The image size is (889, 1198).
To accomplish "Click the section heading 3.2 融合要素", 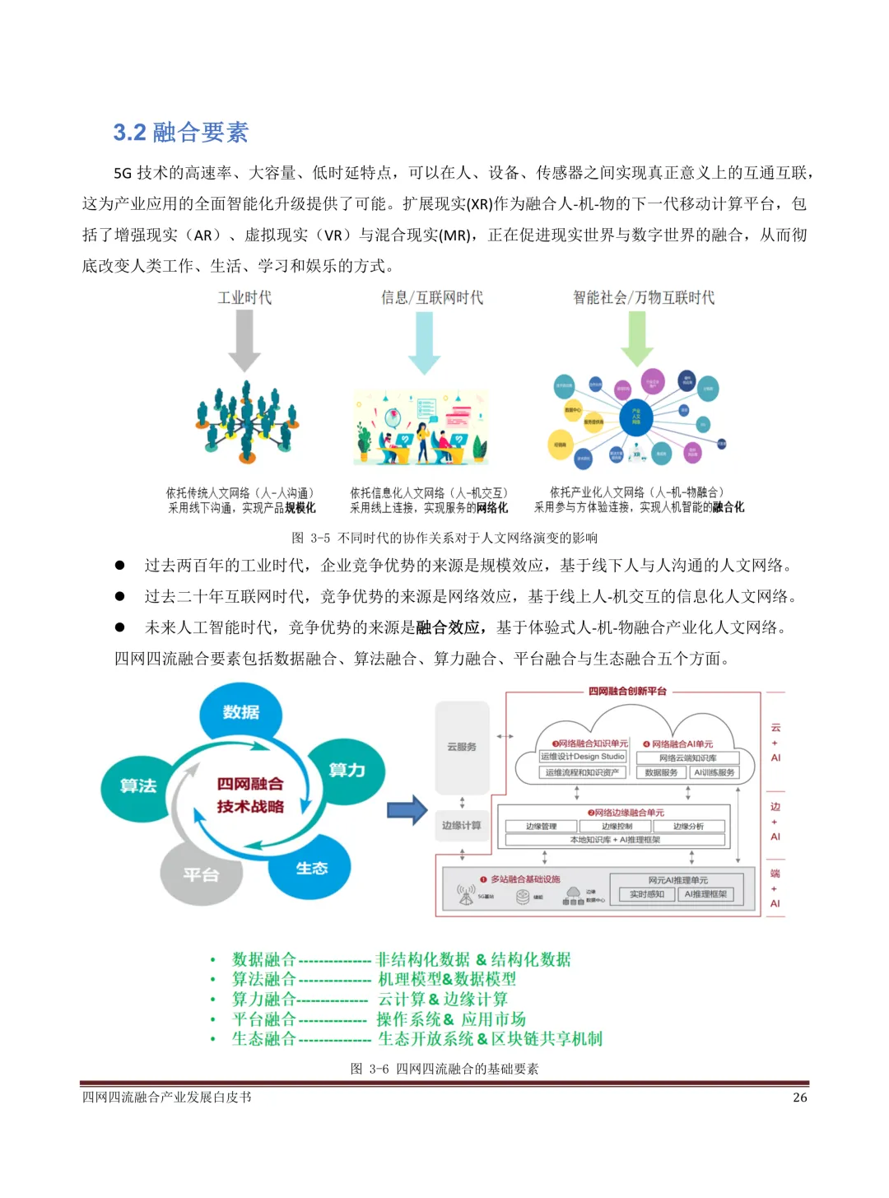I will coord(180,133).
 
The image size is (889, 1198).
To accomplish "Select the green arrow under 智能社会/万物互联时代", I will coord(636,338).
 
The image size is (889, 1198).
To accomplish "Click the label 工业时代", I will coord(244,298).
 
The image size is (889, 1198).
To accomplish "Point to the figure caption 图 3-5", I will coord(444,538).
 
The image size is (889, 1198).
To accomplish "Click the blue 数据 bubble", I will coord(240,712).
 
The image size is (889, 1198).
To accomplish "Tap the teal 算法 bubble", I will coord(138,786).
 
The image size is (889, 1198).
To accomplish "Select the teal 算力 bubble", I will coord(347,771).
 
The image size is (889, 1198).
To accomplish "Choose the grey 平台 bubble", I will coord(201,874).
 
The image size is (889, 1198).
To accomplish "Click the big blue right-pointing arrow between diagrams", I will coord(407,810).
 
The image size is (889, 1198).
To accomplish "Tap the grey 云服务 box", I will coord(461,747).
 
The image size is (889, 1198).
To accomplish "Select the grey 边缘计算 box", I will coord(461,825).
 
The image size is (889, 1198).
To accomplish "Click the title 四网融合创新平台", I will coord(627,692).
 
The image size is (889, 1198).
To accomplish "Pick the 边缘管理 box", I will coord(542,826).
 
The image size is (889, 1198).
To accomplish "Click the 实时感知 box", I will coord(646,894).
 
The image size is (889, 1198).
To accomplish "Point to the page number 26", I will coord(799,1098).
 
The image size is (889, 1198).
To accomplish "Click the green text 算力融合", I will coord(263,1000).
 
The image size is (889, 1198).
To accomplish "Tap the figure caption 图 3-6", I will coord(444,1069).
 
